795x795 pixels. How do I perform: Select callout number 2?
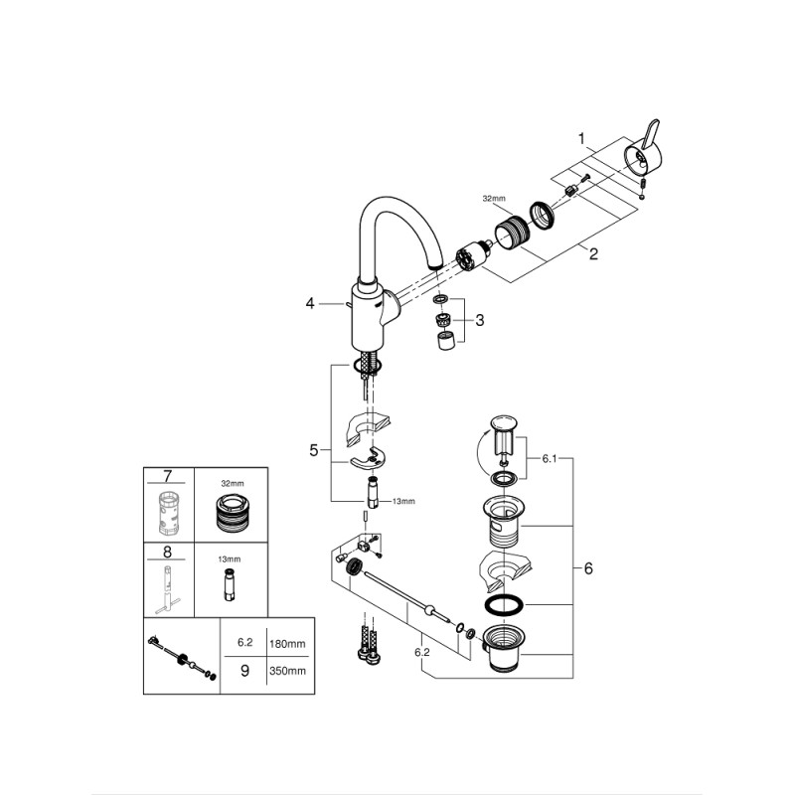(x=593, y=254)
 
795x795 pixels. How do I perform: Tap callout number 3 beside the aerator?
(x=479, y=320)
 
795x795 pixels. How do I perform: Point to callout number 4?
(x=310, y=303)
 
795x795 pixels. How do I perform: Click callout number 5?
(x=314, y=450)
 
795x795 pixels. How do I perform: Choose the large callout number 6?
(x=589, y=568)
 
